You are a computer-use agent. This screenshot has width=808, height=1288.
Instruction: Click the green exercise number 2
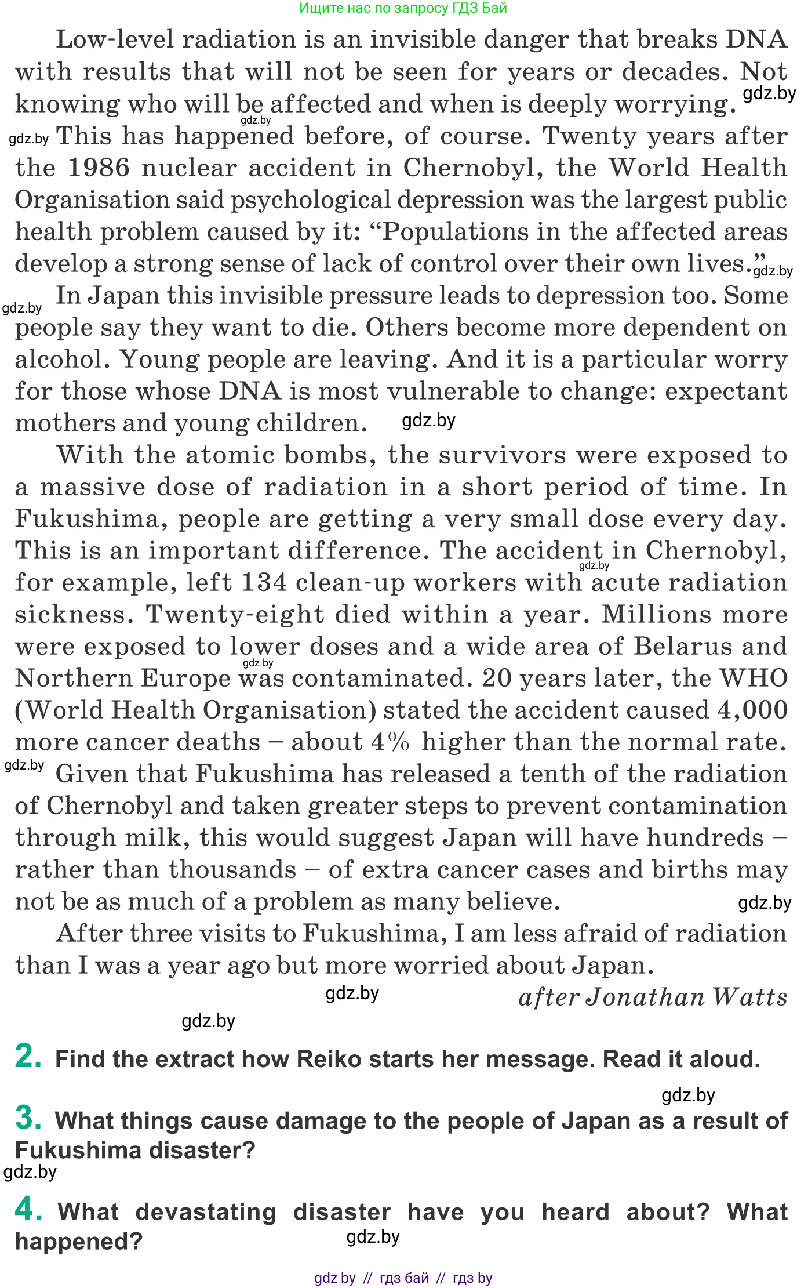[x=28, y=1056]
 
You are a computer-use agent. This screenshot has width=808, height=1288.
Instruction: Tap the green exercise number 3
[x=28, y=1118]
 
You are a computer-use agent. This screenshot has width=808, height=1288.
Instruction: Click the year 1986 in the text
[x=99, y=168]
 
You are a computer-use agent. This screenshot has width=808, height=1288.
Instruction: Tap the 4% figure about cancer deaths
[x=390, y=742]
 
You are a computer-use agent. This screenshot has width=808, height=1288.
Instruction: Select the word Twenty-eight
[x=235, y=614]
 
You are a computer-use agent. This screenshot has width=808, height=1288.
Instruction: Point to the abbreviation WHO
[x=753, y=678]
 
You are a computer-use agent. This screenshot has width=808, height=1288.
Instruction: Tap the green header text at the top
[x=403, y=8]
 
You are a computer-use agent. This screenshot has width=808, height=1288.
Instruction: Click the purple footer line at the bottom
[x=403, y=1278]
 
